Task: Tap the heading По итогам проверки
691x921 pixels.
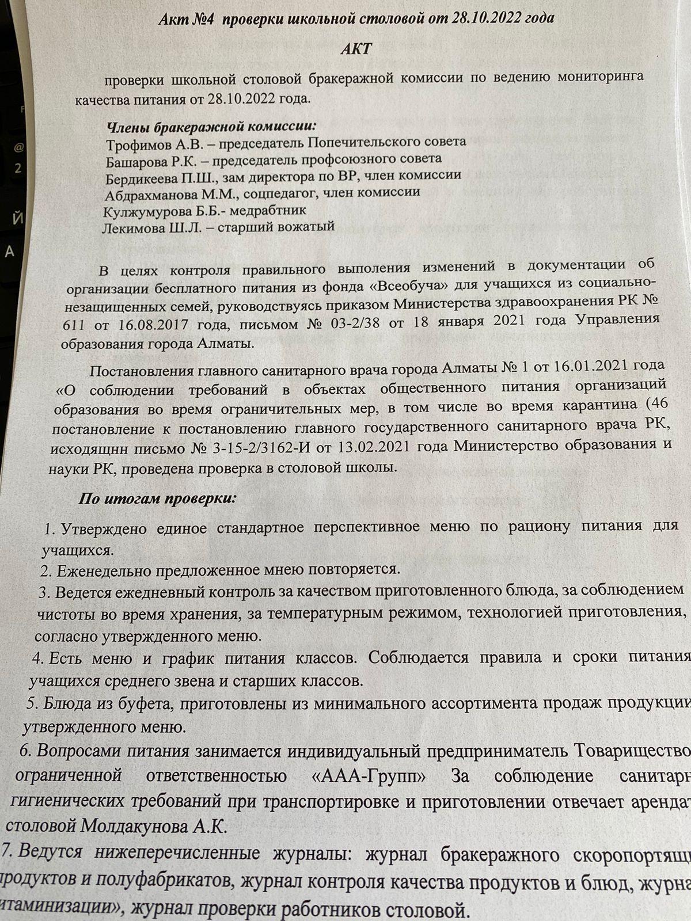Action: click(x=157, y=498)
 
